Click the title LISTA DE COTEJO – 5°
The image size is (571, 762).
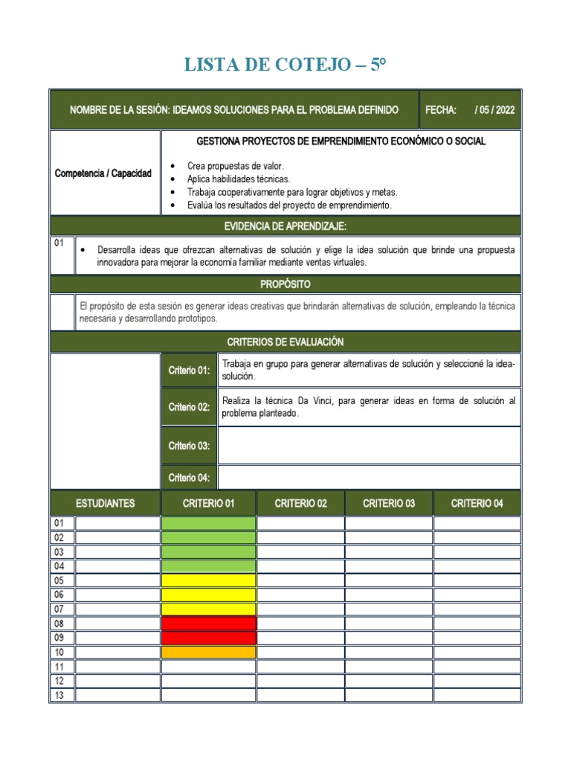pyautogui.click(x=285, y=66)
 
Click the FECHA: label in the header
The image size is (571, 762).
pyautogui.click(x=440, y=109)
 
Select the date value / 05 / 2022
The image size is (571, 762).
pyautogui.click(x=494, y=109)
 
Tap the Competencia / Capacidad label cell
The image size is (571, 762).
pyautogui.click(x=103, y=173)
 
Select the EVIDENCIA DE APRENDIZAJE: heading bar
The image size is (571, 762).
pyautogui.click(x=285, y=226)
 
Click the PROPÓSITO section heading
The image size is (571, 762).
pyautogui.click(x=285, y=284)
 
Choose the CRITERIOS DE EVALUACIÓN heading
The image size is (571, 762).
pyautogui.click(x=285, y=342)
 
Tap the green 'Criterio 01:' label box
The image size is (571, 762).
pyautogui.click(x=189, y=371)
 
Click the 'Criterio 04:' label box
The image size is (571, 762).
pyautogui.click(x=189, y=478)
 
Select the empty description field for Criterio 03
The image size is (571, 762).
pyautogui.click(x=369, y=446)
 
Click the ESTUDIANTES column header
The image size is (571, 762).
pyautogui.click(x=105, y=504)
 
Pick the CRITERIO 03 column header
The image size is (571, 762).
pyautogui.click(x=389, y=504)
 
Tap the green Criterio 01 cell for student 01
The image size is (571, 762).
pyautogui.click(x=208, y=524)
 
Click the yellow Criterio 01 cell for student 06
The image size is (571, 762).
pyautogui.click(x=208, y=595)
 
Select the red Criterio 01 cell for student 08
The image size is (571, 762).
pyautogui.click(x=208, y=623)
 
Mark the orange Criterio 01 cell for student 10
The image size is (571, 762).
pyautogui.click(x=208, y=652)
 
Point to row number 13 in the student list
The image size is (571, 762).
pyautogui.click(x=59, y=695)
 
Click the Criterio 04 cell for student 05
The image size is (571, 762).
pyautogui.click(x=477, y=580)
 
